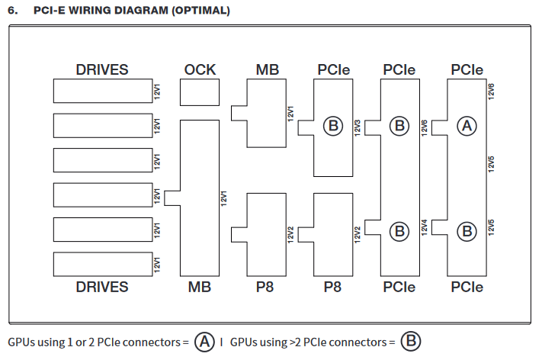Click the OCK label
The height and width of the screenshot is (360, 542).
pyautogui.click(x=200, y=69)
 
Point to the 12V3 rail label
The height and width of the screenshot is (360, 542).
pyautogui.click(x=358, y=126)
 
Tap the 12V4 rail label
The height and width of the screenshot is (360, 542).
pyautogui.click(x=425, y=227)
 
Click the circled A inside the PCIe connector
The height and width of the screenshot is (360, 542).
pyautogui.click(x=466, y=125)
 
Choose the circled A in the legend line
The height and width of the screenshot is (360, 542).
pyautogui.click(x=204, y=342)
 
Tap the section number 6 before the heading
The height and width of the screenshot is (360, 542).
pyautogui.click(x=12, y=11)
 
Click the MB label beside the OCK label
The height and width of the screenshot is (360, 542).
pyautogui.click(x=267, y=69)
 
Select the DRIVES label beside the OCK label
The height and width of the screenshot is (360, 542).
pyautogui.click(x=102, y=69)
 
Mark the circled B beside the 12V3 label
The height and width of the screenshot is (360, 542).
pyautogui.click(x=333, y=125)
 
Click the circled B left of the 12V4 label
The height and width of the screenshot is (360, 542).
pyautogui.click(x=399, y=229)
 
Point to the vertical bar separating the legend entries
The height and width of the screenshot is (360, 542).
pyautogui.click(x=221, y=342)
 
